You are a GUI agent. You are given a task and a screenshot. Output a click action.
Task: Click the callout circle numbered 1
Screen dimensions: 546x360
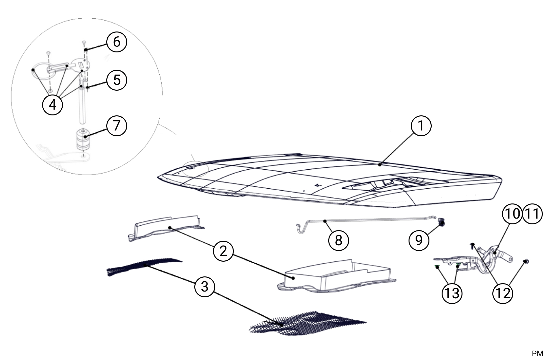coord(421,126)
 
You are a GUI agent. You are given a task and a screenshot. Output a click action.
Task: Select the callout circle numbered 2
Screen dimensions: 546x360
coord(224,250)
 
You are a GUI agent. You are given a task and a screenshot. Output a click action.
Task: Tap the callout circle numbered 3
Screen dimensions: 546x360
coord(205,286)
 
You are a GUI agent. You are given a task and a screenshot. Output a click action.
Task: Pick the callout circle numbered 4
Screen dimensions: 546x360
coord(53,104)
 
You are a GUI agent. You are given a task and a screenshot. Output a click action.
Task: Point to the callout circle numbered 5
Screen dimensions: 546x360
coord(117,79)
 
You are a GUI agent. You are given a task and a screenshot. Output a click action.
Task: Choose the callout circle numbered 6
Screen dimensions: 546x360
coord(117,42)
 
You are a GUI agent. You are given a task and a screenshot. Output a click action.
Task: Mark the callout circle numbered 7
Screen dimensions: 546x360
coord(117,125)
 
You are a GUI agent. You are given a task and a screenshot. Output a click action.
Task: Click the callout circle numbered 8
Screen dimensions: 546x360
coord(339,240)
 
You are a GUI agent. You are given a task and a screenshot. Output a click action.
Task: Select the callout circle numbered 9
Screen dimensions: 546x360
coord(419,240)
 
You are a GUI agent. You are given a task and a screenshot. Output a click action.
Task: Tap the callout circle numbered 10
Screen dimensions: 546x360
coord(513,213)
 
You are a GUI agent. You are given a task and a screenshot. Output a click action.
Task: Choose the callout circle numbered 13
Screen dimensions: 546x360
coord(452,293)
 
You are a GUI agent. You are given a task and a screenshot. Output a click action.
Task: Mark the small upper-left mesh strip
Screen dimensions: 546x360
coord(144,266)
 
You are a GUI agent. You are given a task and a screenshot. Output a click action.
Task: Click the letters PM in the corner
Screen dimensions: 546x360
coord(537,354)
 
